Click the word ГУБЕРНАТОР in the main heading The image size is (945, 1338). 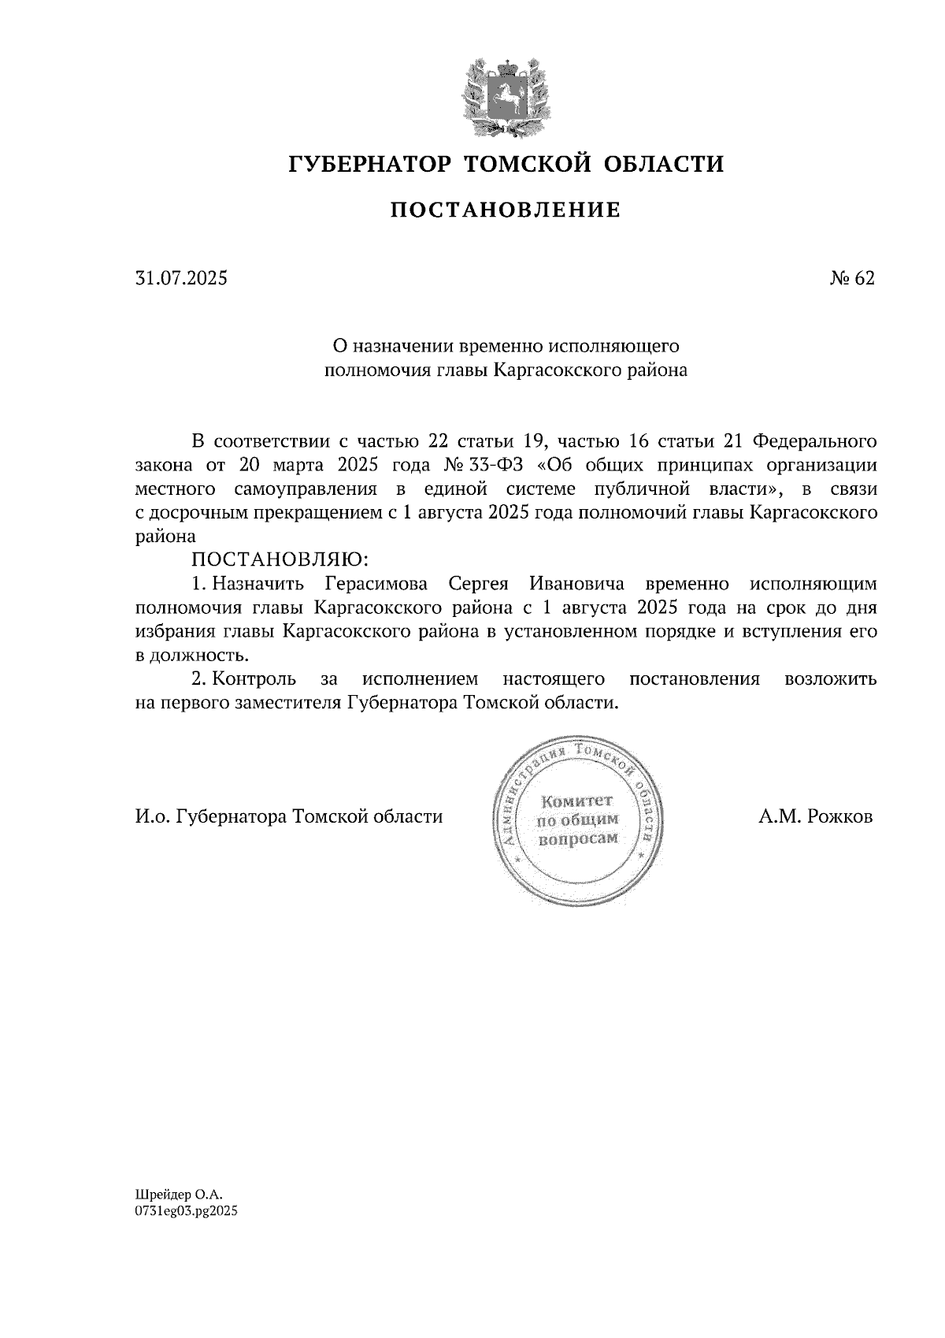370,165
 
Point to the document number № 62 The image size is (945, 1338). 851,278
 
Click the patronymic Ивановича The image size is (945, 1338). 576,584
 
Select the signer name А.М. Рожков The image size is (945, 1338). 816,816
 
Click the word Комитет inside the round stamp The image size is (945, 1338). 577,801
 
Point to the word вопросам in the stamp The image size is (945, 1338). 577,839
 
